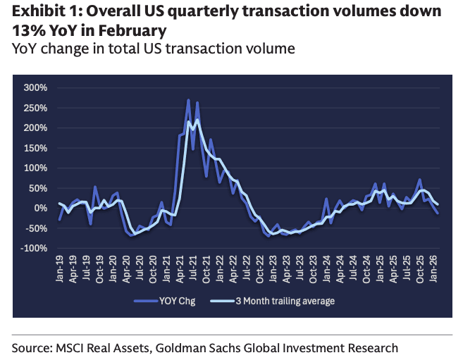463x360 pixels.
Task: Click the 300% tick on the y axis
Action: click(x=35, y=88)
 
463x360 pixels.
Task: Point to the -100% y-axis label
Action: click(x=33, y=249)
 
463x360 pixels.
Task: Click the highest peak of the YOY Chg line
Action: click(x=188, y=100)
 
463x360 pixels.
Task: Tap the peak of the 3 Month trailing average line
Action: click(x=197, y=120)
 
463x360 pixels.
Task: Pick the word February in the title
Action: click(x=135, y=30)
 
